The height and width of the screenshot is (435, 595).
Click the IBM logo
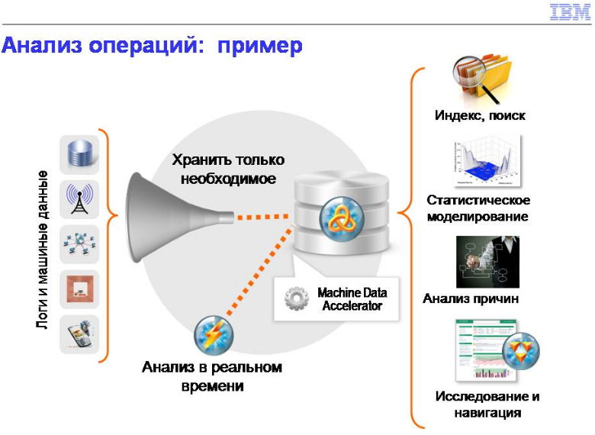tap(570, 11)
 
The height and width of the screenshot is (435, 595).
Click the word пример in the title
tap(260, 47)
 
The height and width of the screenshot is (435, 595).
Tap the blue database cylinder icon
tap(79, 154)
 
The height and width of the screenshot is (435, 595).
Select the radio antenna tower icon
tap(79, 199)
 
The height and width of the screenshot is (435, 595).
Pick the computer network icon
tap(79, 244)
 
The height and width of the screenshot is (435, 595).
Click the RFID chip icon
tap(79, 289)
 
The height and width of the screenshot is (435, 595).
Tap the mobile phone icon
tap(79, 334)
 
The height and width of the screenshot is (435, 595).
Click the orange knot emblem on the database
tap(342, 219)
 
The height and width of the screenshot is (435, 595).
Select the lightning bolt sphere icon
tap(214, 335)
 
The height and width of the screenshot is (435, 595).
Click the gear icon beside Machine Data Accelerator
tap(297, 298)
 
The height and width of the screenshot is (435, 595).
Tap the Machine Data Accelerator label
tap(352, 299)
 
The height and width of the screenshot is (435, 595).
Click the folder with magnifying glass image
tap(482, 79)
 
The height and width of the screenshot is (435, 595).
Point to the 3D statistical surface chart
tap(487, 161)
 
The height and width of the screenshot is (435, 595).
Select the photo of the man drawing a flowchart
tap(487, 262)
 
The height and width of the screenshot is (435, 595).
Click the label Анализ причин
tap(471, 298)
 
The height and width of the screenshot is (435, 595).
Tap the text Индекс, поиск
tap(480, 115)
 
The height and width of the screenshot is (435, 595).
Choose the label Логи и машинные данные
tap(43, 250)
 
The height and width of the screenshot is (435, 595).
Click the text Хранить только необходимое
tap(228, 169)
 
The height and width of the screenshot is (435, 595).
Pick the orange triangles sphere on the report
tap(520, 352)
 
